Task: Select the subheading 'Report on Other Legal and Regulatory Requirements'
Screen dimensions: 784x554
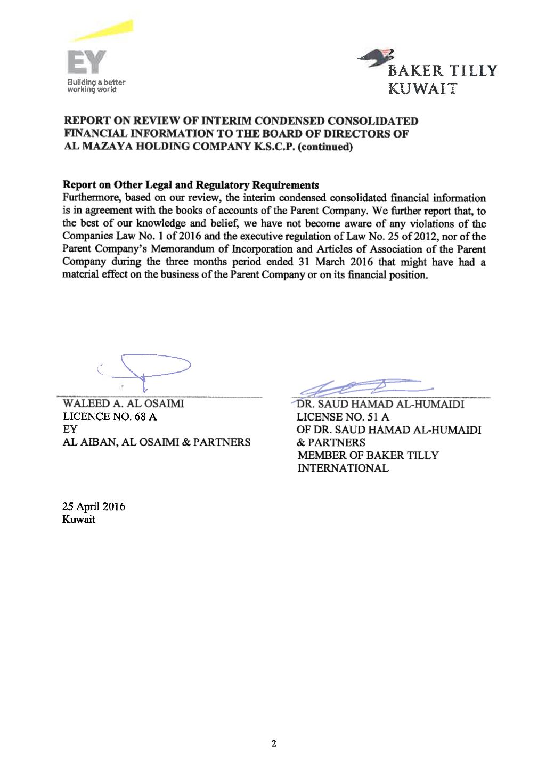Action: [x=191, y=185]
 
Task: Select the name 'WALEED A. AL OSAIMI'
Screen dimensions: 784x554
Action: [x=124, y=403]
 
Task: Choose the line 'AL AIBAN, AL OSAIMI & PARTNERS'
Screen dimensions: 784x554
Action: [x=157, y=442]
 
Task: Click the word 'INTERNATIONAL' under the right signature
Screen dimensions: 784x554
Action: [x=343, y=468]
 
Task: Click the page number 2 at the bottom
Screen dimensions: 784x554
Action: [x=274, y=744]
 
